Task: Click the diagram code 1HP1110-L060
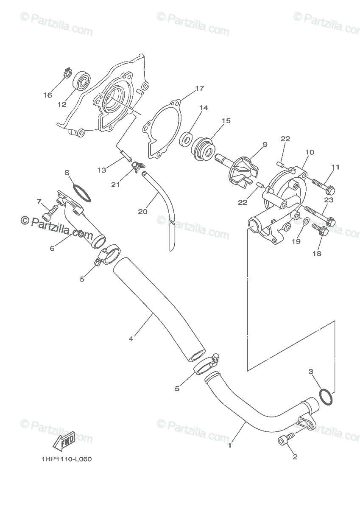[x=66, y=459]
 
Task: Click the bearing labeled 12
[x=82, y=80]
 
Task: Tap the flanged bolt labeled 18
[x=321, y=231]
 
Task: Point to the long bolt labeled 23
[x=318, y=215]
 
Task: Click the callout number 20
[x=142, y=211]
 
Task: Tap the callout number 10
[x=310, y=152]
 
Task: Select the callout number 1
[x=229, y=445]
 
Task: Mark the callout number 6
[x=52, y=249]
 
